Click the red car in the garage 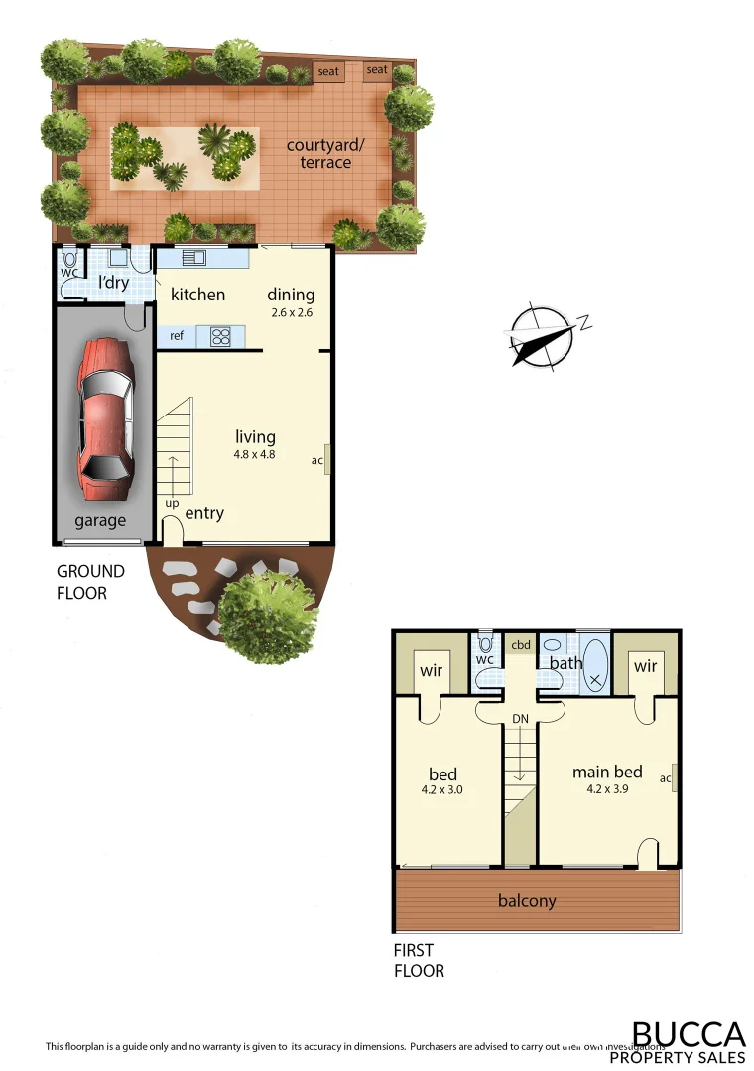point(105,420)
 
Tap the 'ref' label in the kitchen point(177,336)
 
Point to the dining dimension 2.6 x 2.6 point(291,312)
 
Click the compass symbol point(541,336)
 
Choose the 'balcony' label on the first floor point(527,901)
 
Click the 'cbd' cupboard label point(521,645)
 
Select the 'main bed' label point(607,773)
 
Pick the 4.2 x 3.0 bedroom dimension point(441,790)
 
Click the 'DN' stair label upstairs point(521,718)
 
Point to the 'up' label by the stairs point(172,502)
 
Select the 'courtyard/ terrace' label point(325,153)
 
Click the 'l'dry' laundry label point(113,282)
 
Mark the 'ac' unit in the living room point(321,460)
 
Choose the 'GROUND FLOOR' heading point(90,582)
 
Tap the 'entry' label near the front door point(204,513)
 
